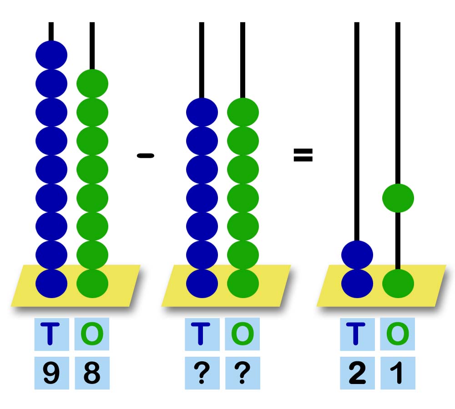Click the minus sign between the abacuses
point(146,156)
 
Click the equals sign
point(303,155)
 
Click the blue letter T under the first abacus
point(51,334)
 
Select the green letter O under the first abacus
point(92,334)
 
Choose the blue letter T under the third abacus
point(357,334)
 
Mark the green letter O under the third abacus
point(397,334)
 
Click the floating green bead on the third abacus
point(398,198)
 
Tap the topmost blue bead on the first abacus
point(51,55)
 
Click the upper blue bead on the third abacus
point(357,254)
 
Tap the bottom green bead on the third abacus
point(398,284)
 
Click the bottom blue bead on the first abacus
point(51,284)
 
